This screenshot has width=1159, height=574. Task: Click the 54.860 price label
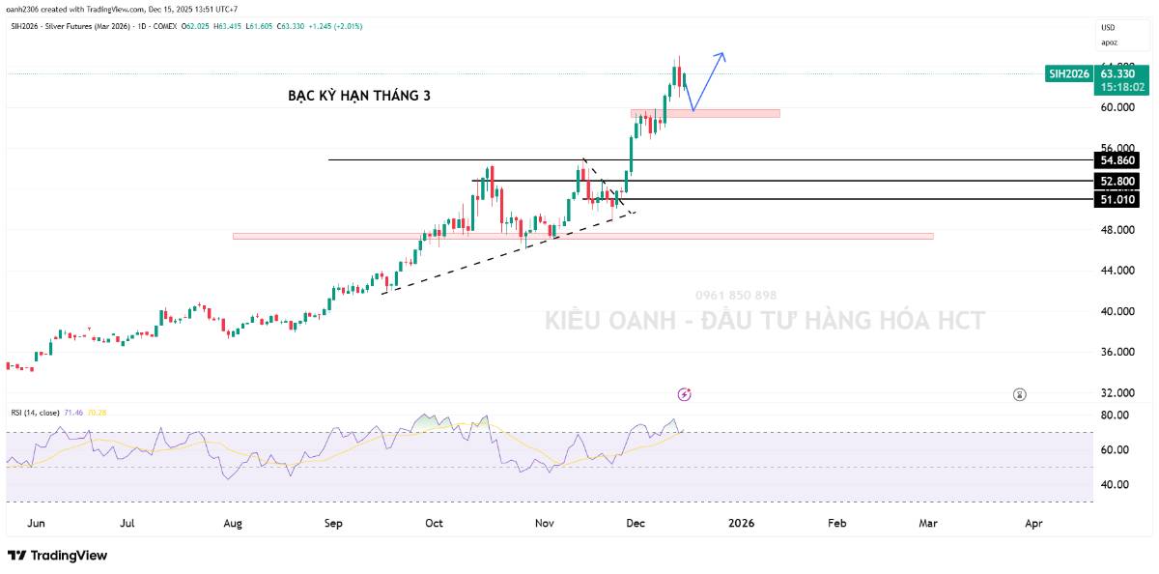click(x=1117, y=160)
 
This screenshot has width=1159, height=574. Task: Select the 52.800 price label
click(x=1117, y=181)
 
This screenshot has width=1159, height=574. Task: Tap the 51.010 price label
click(x=1117, y=199)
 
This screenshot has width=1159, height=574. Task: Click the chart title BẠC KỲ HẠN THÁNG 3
click(x=359, y=96)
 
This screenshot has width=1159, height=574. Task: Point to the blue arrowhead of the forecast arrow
click(x=721, y=55)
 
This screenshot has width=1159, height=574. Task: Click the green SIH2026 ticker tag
click(x=1069, y=73)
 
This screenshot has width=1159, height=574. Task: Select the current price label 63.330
click(x=1117, y=73)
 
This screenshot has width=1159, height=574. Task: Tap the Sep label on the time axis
click(x=333, y=523)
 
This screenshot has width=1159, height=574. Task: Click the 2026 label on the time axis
click(x=741, y=523)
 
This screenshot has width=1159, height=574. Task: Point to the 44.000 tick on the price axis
click(x=1117, y=271)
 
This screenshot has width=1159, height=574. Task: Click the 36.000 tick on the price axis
click(x=1117, y=352)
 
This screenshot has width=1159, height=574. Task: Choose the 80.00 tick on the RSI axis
click(x=1115, y=416)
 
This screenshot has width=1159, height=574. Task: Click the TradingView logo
click(x=58, y=556)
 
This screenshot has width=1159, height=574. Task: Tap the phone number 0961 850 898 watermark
click(x=736, y=295)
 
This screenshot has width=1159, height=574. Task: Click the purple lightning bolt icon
click(x=685, y=394)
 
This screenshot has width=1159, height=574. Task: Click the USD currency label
click(x=1108, y=27)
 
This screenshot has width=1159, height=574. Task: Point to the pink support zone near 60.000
click(x=705, y=114)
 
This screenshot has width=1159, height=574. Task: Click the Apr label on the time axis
click(x=1032, y=523)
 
